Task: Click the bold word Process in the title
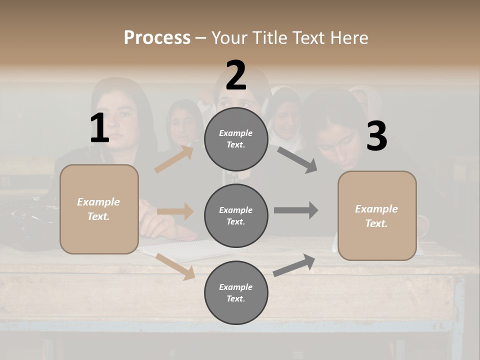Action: pyautogui.click(x=157, y=38)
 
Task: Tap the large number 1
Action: pyautogui.click(x=99, y=128)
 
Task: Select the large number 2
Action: pyautogui.click(x=236, y=75)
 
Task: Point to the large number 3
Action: pyautogui.click(x=376, y=136)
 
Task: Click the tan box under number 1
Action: pyautogui.click(x=99, y=209)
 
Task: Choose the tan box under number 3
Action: pyautogui.click(x=377, y=216)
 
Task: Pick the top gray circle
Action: pyautogui.click(x=236, y=139)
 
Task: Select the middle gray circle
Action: pyautogui.click(x=236, y=216)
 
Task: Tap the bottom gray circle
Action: pyautogui.click(x=236, y=292)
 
